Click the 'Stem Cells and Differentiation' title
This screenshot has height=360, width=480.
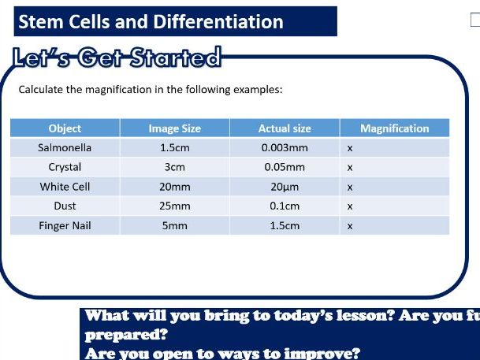point(151,21)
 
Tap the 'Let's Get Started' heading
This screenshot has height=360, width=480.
point(116,58)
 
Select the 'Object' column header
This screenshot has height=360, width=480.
point(65,128)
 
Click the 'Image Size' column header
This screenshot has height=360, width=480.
point(174,128)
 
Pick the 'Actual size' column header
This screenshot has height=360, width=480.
point(285,128)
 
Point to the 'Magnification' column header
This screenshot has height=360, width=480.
point(394,128)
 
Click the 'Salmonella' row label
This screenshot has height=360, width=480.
point(65,147)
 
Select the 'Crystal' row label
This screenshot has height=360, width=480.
point(65,167)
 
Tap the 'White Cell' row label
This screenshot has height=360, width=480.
point(65,187)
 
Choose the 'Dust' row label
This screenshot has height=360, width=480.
point(65,206)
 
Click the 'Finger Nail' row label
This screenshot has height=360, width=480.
point(65,226)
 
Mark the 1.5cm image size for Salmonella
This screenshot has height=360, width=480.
point(174,147)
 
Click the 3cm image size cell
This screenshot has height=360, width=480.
point(174,167)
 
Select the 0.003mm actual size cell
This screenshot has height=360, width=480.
point(285,147)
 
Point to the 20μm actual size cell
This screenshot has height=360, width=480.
point(285,187)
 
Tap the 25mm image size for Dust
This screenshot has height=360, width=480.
point(174,206)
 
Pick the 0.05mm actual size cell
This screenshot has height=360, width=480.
point(285,167)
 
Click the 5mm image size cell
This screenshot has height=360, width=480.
point(174,226)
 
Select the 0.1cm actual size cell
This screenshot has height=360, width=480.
point(285,206)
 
